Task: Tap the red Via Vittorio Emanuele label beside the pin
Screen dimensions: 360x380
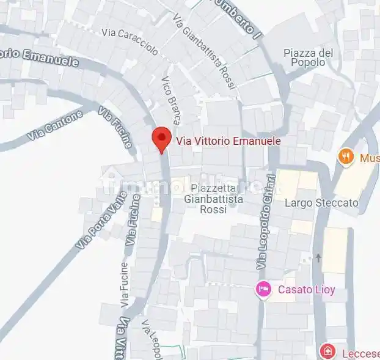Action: click(x=228, y=141)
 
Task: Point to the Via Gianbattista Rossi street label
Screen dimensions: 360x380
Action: click(x=204, y=53)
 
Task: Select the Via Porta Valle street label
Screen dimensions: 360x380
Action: click(x=101, y=220)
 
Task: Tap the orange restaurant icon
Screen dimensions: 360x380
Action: click(x=346, y=157)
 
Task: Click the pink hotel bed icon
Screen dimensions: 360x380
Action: click(x=263, y=289)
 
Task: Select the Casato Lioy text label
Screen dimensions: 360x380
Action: click(x=306, y=290)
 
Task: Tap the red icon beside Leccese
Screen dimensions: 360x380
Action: click(x=328, y=351)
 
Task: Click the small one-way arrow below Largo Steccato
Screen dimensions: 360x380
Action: click(x=318, y=257)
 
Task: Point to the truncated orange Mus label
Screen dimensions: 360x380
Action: click(x=370, y=158)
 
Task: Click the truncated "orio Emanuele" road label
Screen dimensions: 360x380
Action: click(x=39, y=59)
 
